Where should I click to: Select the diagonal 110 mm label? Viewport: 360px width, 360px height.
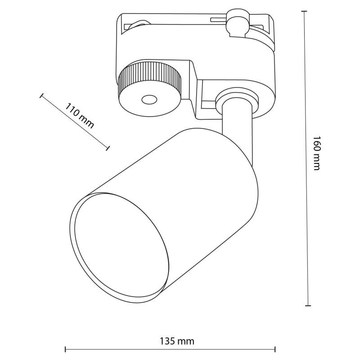click(x=80, y=116)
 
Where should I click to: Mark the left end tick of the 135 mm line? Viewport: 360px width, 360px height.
click(x=66, y=349)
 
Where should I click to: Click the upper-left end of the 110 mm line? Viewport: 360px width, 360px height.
click(x=41, y=95)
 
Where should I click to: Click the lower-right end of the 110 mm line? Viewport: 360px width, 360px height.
click(x=108, y=147)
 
